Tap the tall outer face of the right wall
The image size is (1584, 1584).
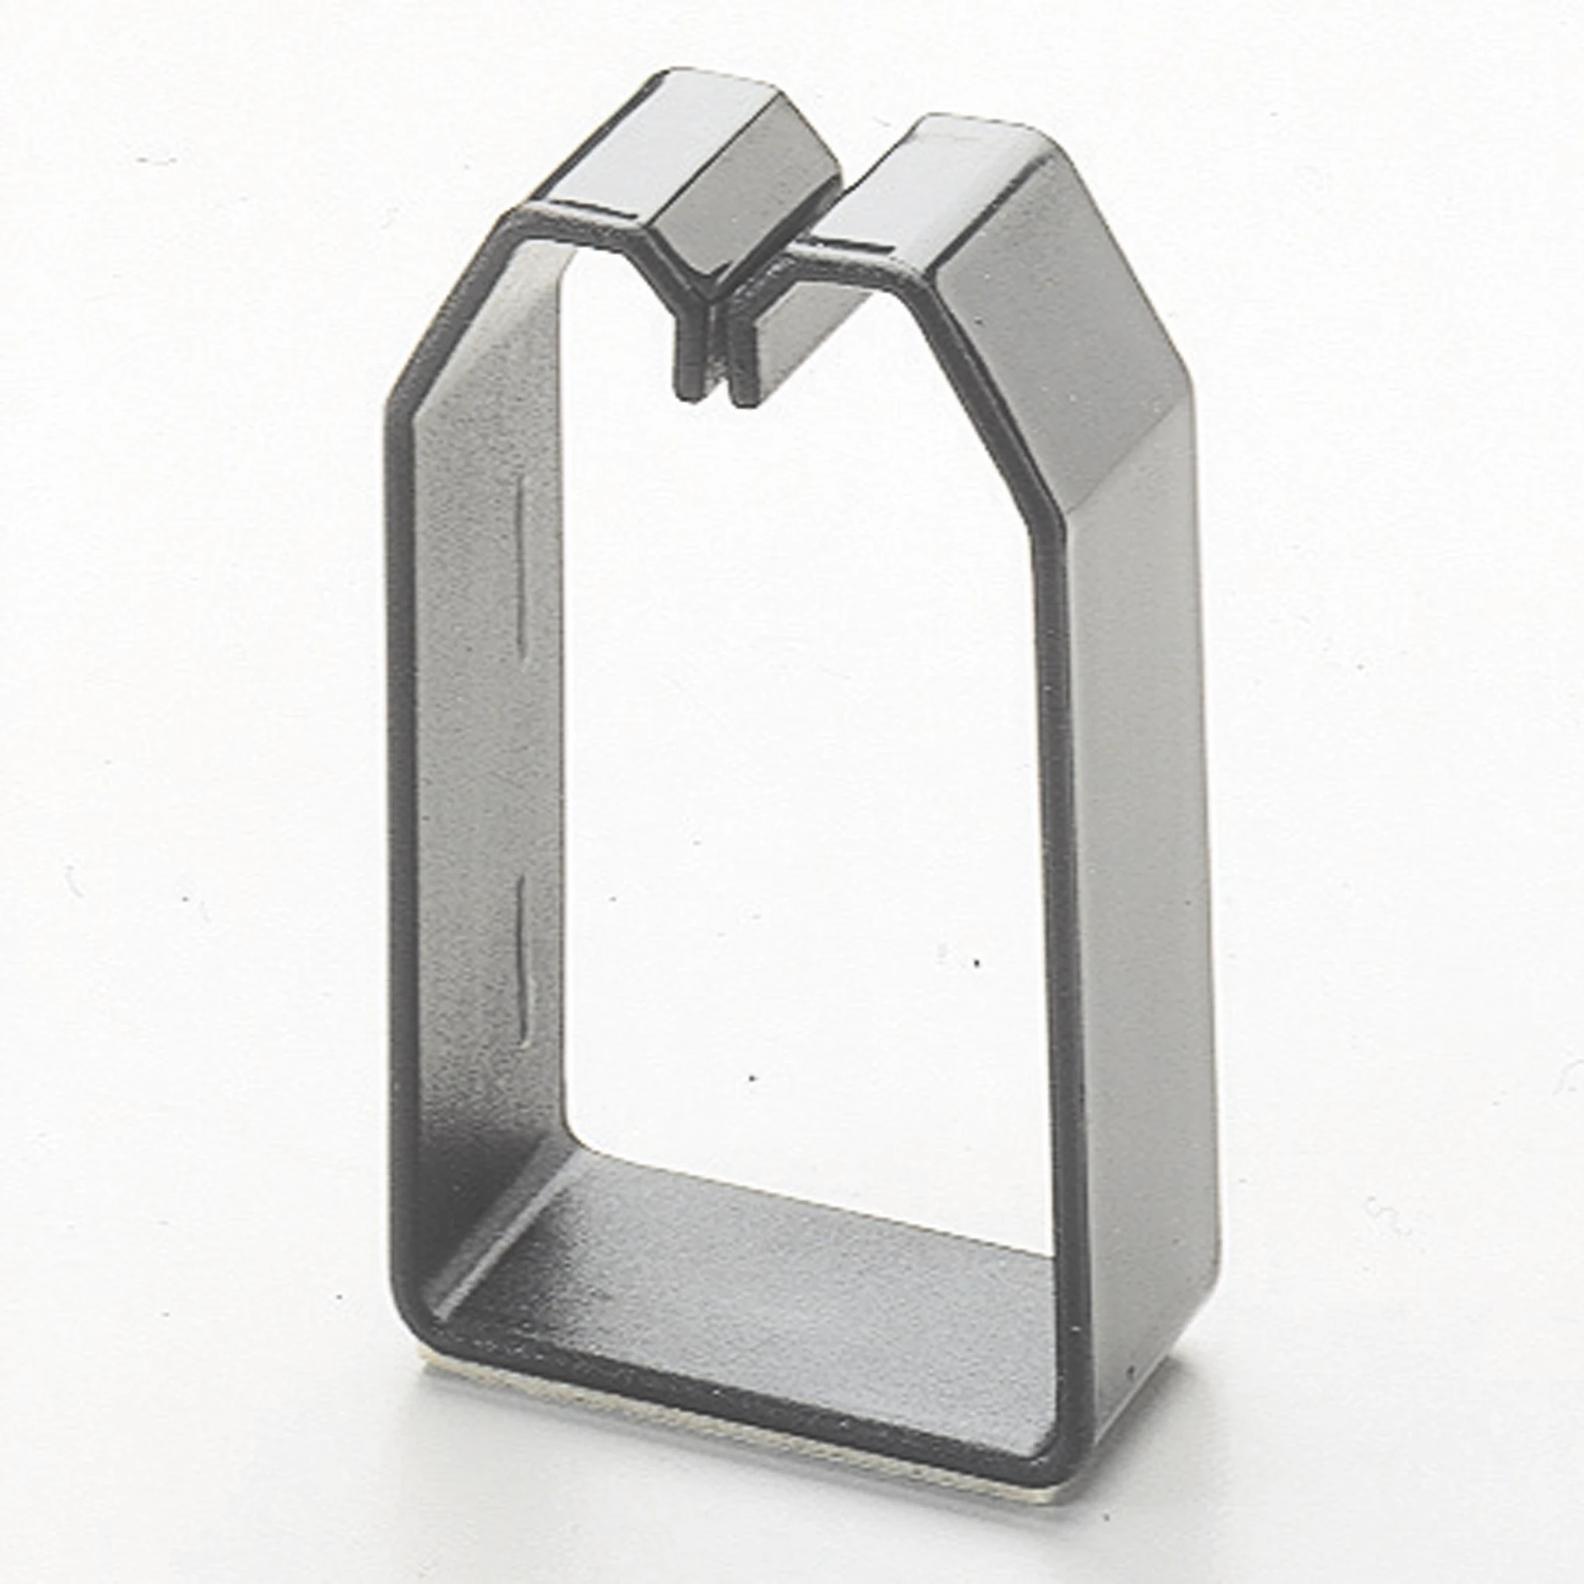pyautogui.click(x=1140, y=902)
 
